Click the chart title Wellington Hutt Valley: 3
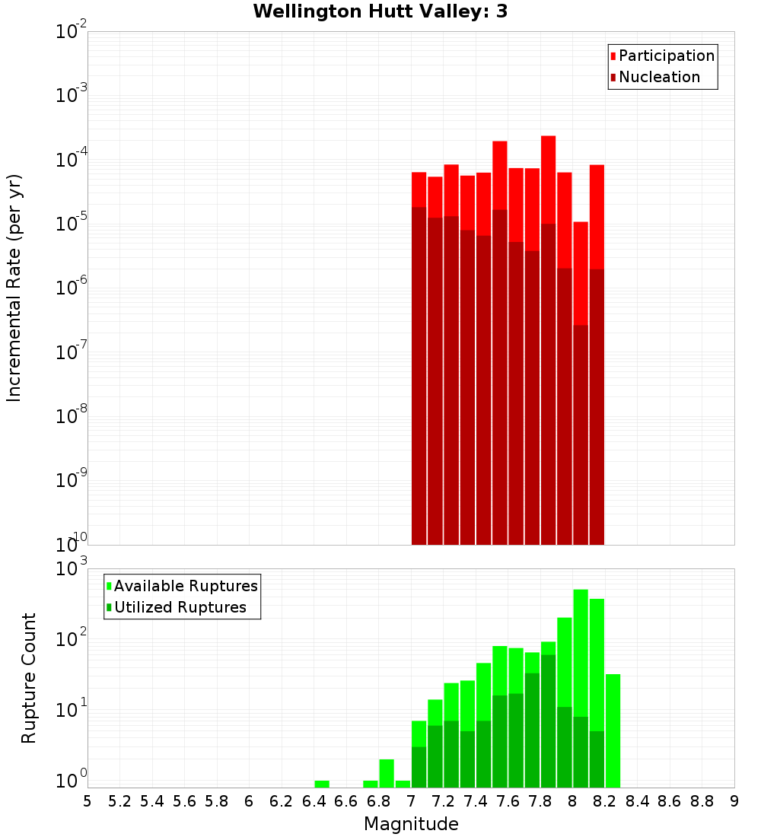coord(380,11)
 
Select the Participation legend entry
coord(667,56)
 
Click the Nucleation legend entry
coord(659,77)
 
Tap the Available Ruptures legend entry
coord(186,586)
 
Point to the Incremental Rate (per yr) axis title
coord(14,288)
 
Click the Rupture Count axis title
coord(29,678)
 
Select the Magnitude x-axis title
coord(411,824)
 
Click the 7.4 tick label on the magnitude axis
coord(476,801)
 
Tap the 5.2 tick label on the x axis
coord(120,801)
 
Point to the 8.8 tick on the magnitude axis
coord(702,801)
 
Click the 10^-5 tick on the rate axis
coord(72,224)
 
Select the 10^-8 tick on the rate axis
coord(72,416)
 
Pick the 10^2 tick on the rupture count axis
coord(72,638)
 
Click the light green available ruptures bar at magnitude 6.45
coord(322,784)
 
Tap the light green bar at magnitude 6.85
coord(387,773)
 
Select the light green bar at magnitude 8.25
coord(613,730)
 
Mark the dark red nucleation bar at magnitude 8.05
coord(581,434)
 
